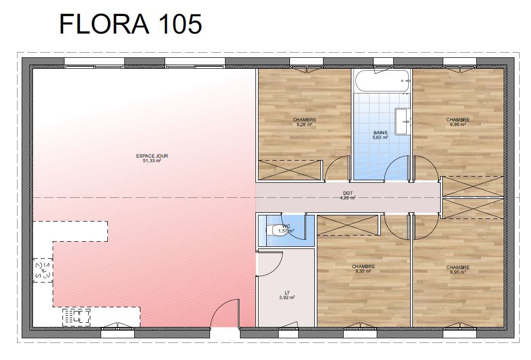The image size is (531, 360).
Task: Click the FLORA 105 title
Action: (x=131, y=24)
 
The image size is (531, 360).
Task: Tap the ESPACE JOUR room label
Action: (x=152, y=156)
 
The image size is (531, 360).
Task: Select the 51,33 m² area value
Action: (x=152, y=161)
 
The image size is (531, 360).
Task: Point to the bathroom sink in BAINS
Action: (x=403, y=121)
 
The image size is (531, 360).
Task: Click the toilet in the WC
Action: (x=276, y=230)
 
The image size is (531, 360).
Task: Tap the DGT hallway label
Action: (x=348, y=193)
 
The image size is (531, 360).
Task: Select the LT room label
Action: (x=287, y=293)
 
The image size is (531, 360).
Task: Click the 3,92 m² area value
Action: (x=287, y=298)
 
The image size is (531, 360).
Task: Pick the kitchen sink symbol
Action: (x=43, y=270)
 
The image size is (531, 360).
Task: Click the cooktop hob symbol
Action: (x=76, y=318)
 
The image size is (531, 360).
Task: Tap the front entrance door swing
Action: (x=225, y=313)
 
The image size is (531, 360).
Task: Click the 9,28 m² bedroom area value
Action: (x=304, y=124)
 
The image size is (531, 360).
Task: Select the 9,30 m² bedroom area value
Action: (x=363, y=271)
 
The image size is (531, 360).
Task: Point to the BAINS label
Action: (x=380, y=133)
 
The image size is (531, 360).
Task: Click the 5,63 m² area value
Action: (x=380, y=137)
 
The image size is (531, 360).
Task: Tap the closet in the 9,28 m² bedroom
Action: (x=289, y=170)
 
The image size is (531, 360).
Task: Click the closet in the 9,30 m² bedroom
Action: (x=347, y=225)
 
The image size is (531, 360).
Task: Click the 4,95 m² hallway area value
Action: (x=348, y=198)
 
